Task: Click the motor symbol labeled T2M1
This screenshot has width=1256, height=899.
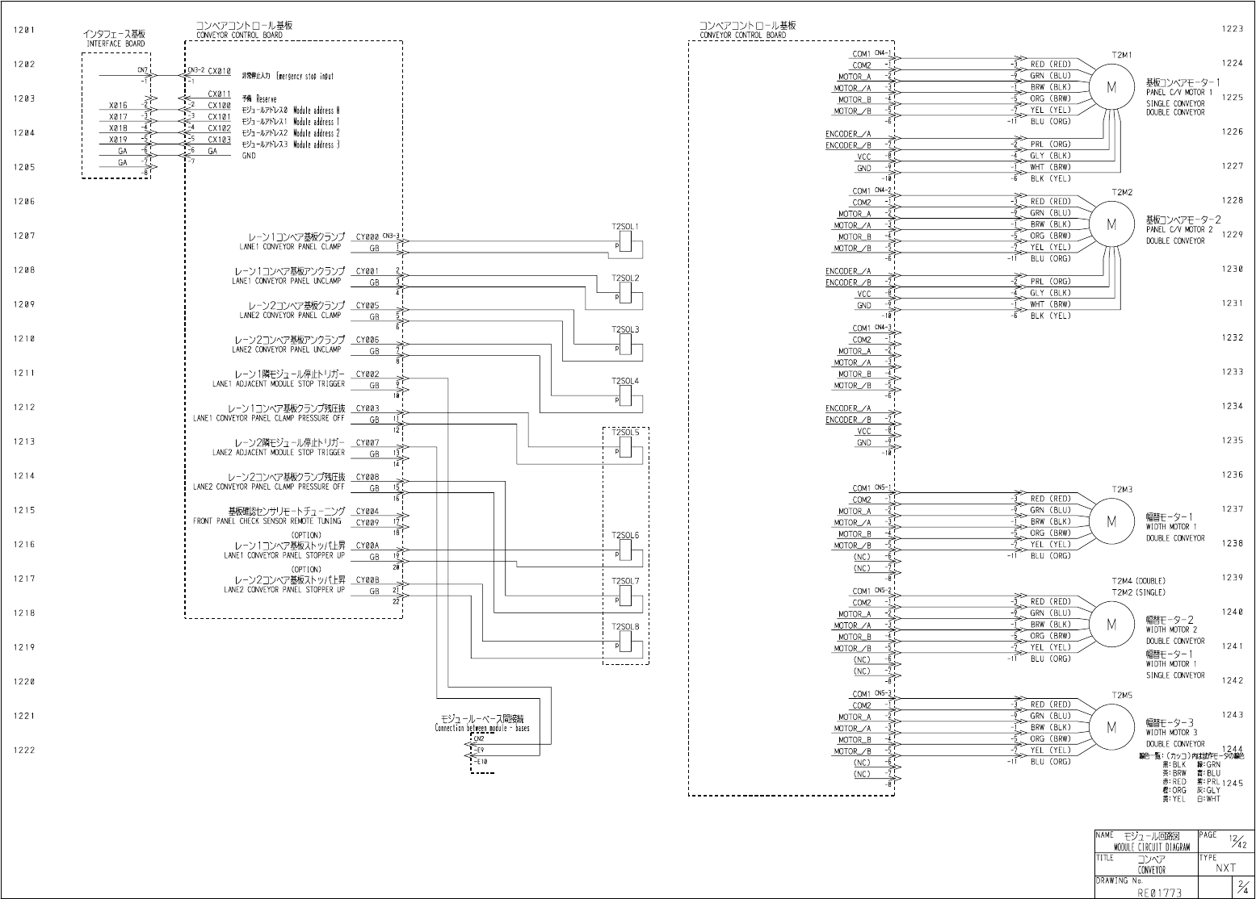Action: (1111, 88)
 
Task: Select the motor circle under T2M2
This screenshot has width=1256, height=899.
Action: (1111, 225)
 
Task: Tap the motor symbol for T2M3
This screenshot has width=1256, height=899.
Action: (1111, 522)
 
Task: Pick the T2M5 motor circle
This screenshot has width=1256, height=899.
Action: (1111, 727)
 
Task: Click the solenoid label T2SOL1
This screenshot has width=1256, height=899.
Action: (625, 227)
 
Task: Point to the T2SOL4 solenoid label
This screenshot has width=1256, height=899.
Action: (625, 381)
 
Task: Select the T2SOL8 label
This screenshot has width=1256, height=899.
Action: (625, 627)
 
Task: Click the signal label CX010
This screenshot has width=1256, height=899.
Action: (219, 71)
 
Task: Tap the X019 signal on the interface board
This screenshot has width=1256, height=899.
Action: (119, 140)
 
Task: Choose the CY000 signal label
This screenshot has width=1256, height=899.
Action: (368, 237)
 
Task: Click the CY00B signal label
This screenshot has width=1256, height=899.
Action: (368, 580)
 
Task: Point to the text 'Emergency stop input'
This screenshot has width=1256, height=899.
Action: (305, 77)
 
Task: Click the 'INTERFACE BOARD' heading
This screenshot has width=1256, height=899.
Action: (116, 44)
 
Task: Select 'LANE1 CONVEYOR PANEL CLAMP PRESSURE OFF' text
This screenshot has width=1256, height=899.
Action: (268, 419)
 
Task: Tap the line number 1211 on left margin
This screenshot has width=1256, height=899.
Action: (24, 374)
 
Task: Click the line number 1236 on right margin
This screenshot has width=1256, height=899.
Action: (1232, 475)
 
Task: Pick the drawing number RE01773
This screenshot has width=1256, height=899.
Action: (1159, 893)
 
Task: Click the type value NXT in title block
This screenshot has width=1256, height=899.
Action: (1225, 868)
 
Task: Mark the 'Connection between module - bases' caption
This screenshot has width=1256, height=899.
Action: (482, 728)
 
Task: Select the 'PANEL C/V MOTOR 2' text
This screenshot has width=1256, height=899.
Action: (1179, 230)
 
